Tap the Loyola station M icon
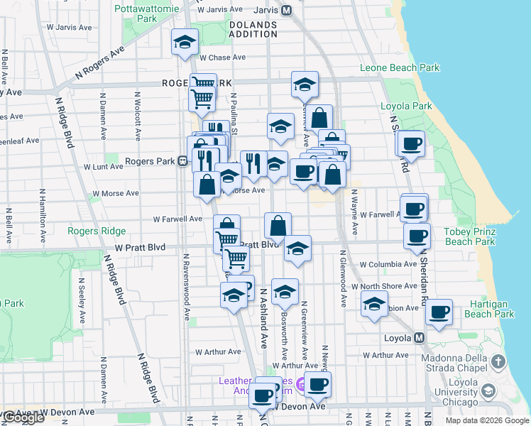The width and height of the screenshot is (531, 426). tap(420, 337)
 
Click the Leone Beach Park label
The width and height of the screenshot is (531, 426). tap(400, 68)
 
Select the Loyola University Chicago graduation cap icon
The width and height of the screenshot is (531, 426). tap(488, 390)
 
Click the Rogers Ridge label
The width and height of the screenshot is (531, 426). tap(97, 231)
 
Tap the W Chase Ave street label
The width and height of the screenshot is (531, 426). tap(222, 58)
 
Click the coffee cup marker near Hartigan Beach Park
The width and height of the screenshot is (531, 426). tap(439, 310)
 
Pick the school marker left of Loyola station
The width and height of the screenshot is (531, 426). tap(374, 305)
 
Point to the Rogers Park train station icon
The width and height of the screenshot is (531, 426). tap(182, 161)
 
